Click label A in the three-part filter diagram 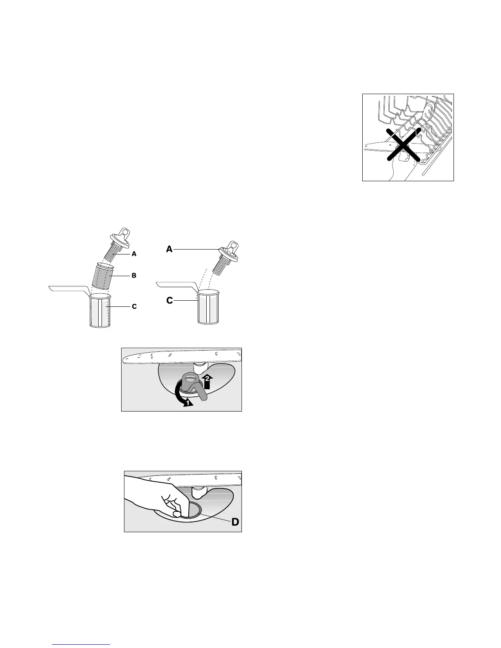click(134, 254)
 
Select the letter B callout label click(134, 276)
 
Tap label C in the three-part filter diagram click(134, 306)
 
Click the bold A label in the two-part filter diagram click(169, 249)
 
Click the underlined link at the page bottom click(81, 645)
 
